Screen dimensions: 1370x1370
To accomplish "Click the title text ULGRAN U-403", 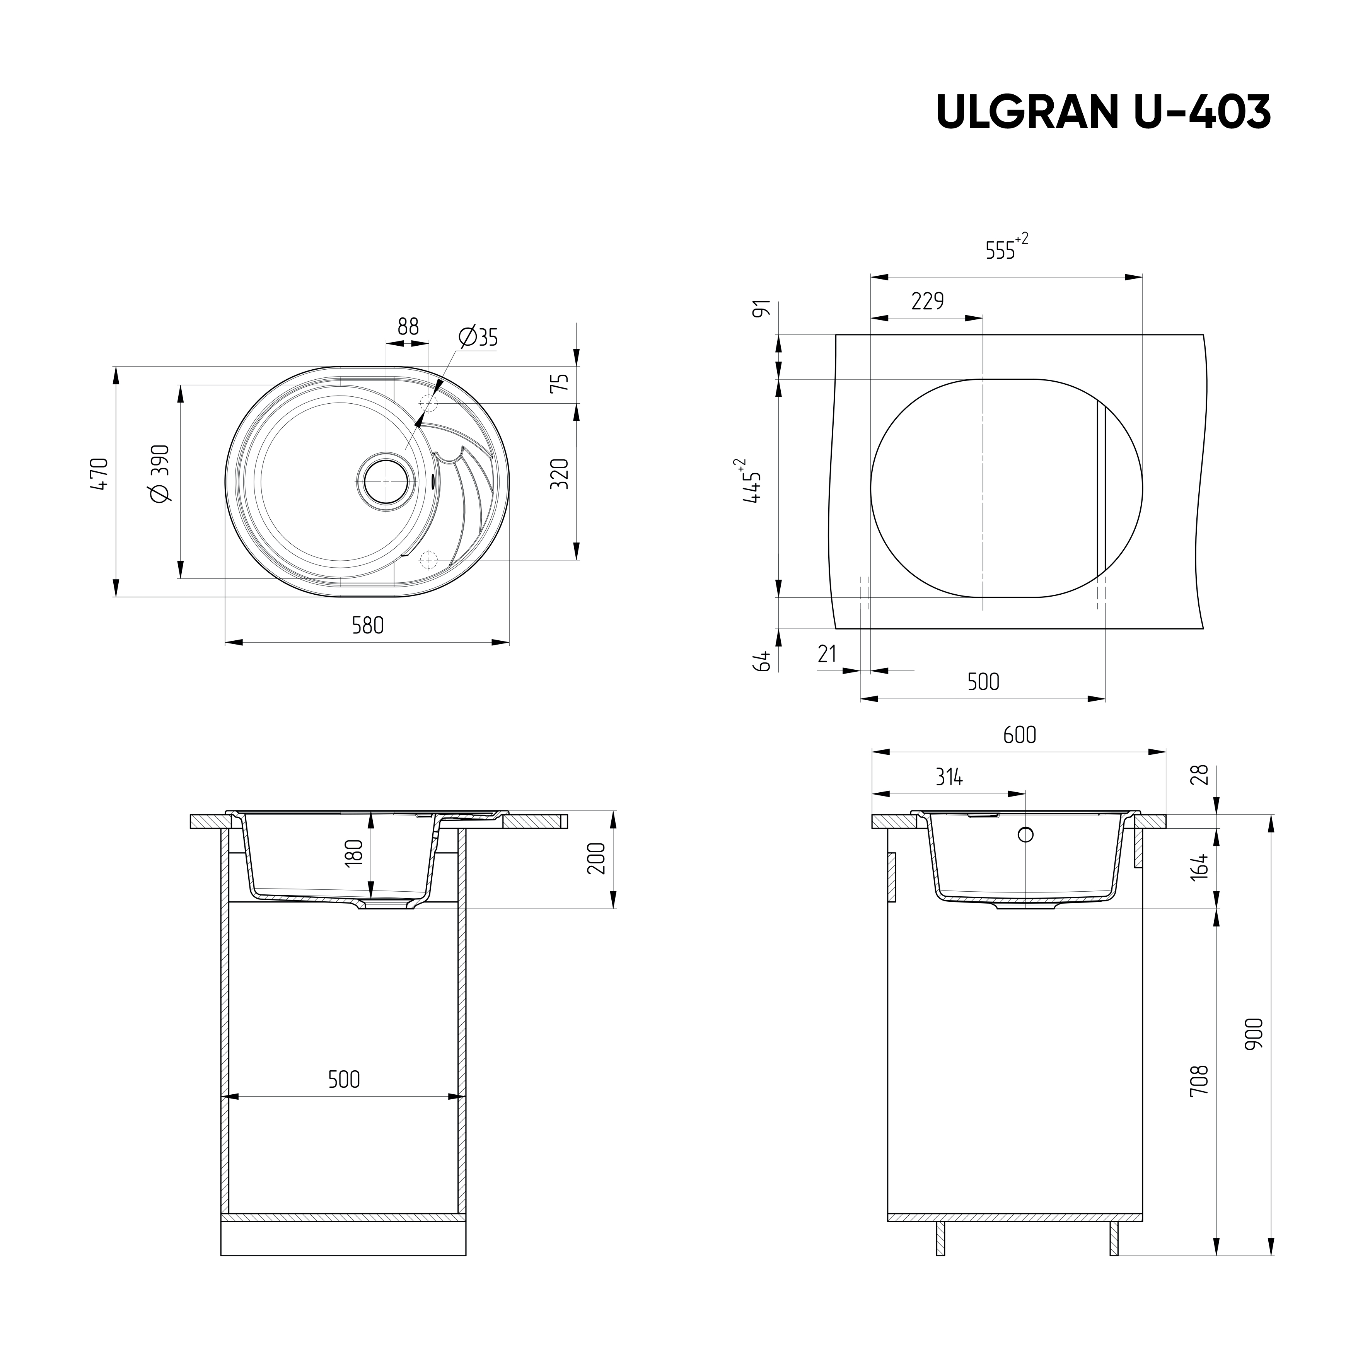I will (1103, 112).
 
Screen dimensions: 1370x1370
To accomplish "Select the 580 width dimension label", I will (367, 625).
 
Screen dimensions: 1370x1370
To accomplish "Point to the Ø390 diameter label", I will (160, 474).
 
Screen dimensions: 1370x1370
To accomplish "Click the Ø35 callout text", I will (478, 338).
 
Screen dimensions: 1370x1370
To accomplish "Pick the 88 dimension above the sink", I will (408, 327).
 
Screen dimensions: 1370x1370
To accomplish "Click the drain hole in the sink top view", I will (386, 481).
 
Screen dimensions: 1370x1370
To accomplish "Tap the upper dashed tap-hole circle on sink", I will (428, 403).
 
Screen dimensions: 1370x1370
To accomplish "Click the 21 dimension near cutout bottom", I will (827, 654).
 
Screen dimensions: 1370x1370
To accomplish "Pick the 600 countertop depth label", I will (1019, 735).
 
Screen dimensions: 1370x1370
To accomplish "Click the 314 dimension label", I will (949, 777).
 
